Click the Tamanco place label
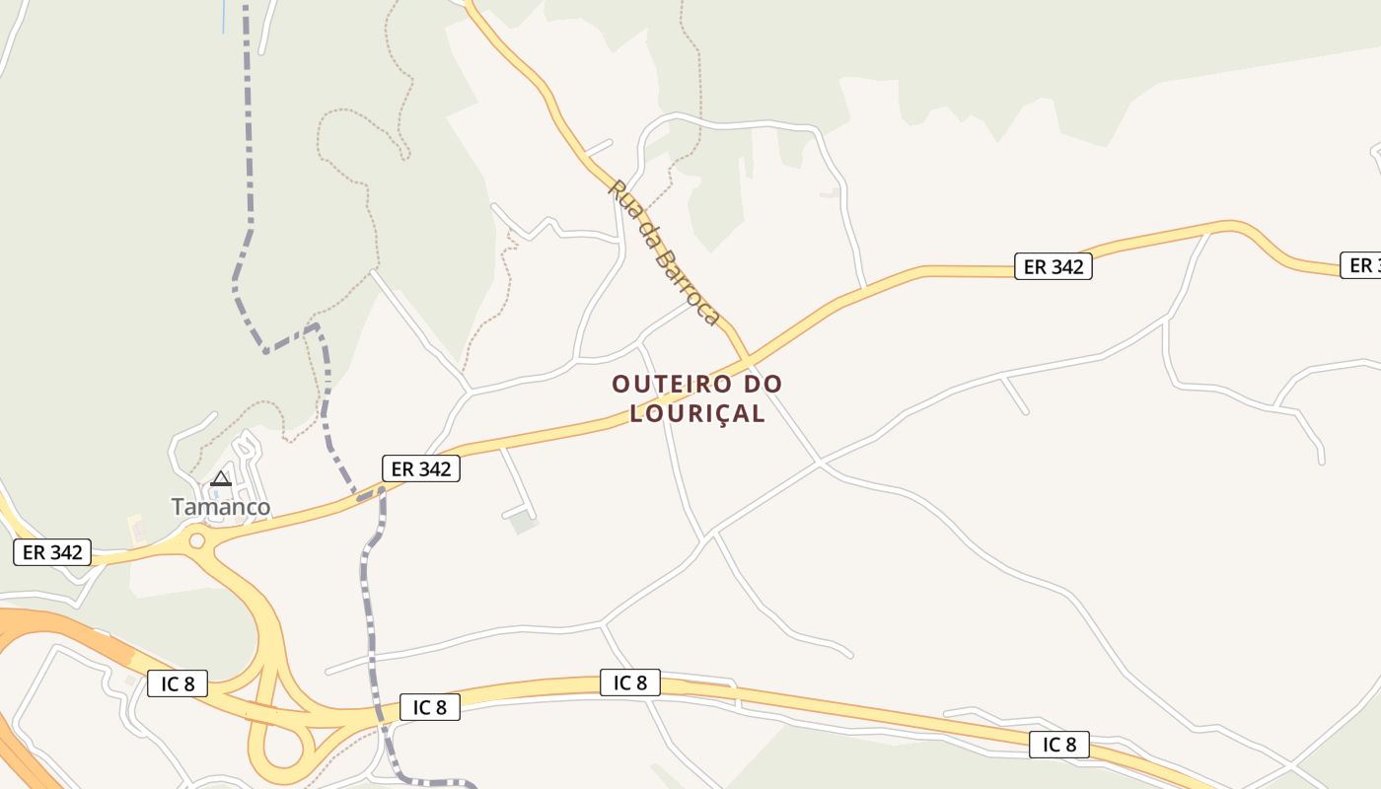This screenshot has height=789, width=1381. pyautogui.click(x=221, y=507)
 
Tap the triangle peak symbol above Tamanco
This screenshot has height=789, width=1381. pyautogui.click(x=221, y=479)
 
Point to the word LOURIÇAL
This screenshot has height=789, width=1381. pyautogui.click(x=697, y=413)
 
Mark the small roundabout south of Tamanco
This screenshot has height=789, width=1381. pyautogui.click(x=197, y=539)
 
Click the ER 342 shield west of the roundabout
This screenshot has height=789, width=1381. pyautogui.click(x=52, y=552)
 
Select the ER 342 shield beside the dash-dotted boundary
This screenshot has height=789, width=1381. pyautogui.click(x=421, y=469)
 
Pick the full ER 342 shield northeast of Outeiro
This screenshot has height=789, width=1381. pyautogui.click(x=1054, y=266)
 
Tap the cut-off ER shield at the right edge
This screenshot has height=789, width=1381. pyautogui.click(x=1362, y=265)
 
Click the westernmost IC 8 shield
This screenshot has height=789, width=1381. pyautogui.click(x=178, y=683)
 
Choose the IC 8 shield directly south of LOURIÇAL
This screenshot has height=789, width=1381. pyautogui.click(x=629, y=682)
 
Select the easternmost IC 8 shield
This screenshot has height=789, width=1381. pyautogui.click(x=1059, y=745)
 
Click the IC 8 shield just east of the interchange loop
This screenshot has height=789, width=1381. pyautogui.click(x=430, y=707)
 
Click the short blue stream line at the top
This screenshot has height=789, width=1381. pyautogui.click(x=224, y=15)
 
